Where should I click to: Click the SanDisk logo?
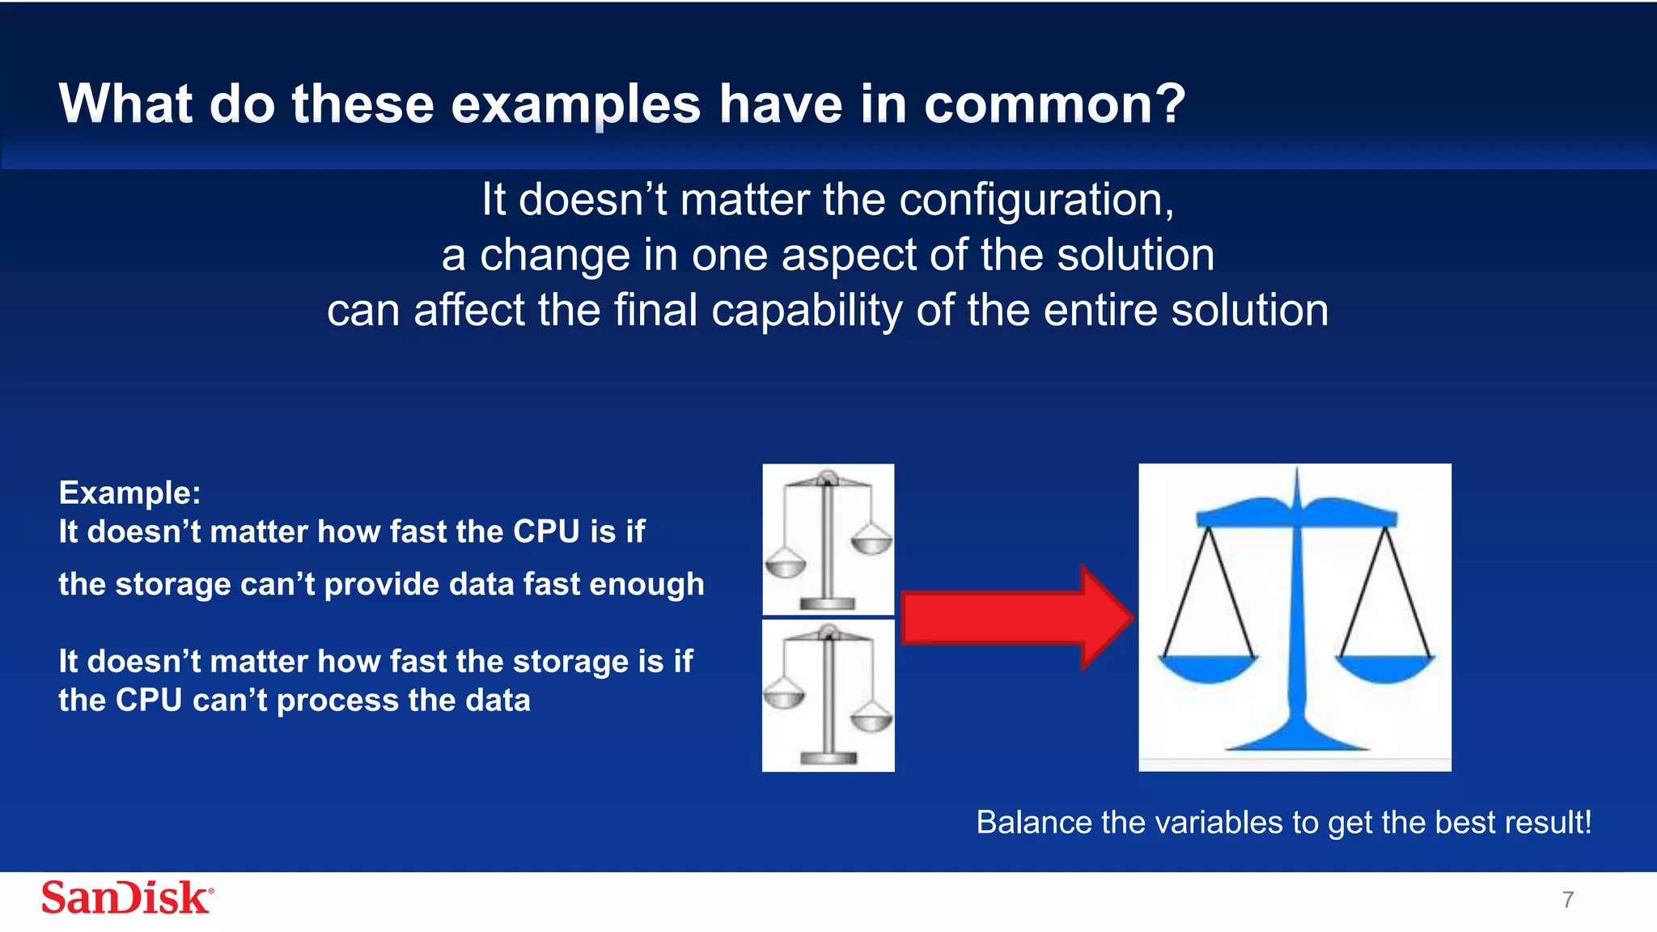pos(127,898)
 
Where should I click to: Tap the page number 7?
pos(1568,900)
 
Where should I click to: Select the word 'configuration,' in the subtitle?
pos(1036,200)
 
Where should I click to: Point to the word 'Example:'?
pos(129,493)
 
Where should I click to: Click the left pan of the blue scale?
pos(1207,668)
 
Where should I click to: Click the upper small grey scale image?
pos(828,539)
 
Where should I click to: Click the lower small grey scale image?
pos(828,696)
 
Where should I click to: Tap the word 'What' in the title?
pos(125,105)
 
